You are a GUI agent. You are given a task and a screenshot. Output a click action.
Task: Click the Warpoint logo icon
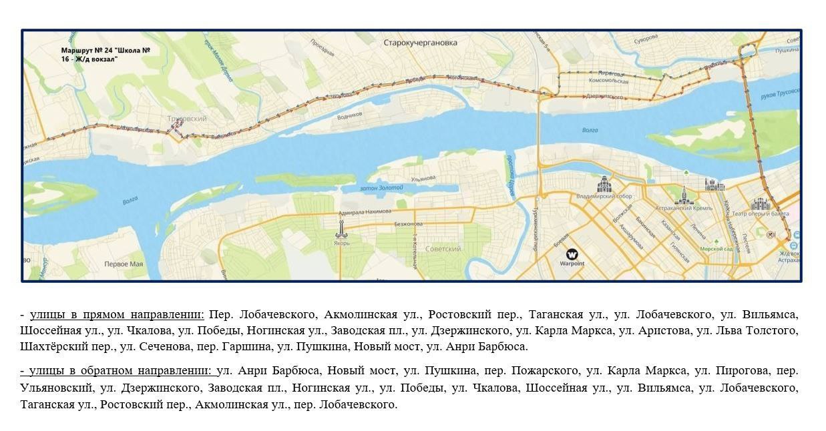[572, 254]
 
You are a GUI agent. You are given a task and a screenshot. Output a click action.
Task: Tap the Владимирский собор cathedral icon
[604, 183]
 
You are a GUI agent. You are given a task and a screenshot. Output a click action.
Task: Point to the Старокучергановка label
[421, 43]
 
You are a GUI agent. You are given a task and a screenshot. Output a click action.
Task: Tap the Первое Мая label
[124, 264]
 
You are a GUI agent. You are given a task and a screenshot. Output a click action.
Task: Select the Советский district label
[443, 249]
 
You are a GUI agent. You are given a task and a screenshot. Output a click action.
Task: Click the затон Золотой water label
[381, 188]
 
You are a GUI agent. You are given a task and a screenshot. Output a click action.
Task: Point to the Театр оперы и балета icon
[760, 204]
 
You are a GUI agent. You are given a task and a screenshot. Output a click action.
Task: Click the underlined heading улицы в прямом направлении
[117, 314]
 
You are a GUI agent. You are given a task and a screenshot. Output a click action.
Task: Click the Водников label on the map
[350, 115]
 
